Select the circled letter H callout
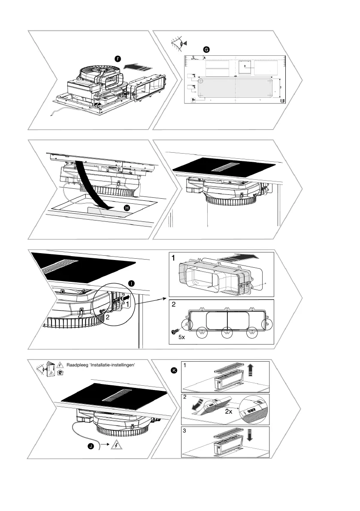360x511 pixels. point(126,208)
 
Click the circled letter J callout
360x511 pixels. point(91,447)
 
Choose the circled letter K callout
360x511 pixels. point(174,370)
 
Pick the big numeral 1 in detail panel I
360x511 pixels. point(173,259)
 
